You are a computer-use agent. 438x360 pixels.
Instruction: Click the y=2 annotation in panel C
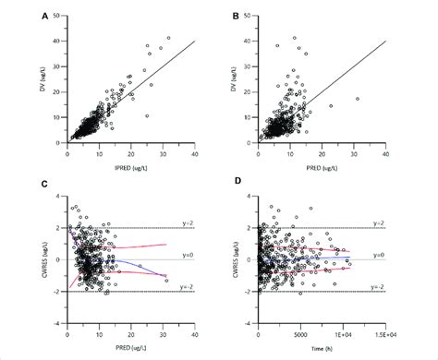[183, 222]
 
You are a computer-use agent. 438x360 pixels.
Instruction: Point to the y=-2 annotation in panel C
[182, 288]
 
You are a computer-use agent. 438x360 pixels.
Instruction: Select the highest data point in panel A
[168, 38]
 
